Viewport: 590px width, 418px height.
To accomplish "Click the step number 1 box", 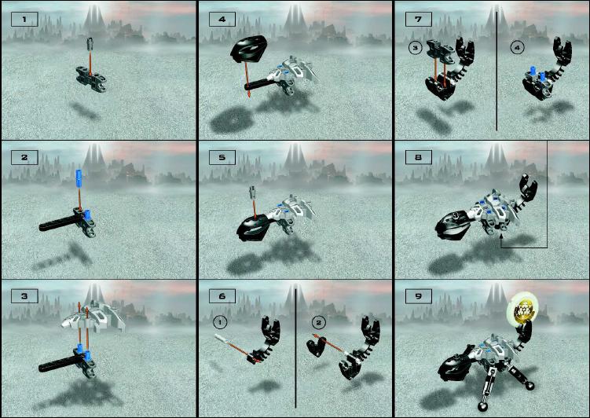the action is coord(24,19).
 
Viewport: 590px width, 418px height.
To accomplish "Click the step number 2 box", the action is coord(24,157).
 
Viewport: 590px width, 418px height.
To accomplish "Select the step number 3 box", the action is coord(24,296).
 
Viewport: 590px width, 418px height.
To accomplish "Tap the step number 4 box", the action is coord(222,19).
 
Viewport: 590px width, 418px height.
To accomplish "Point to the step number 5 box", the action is coord(222,157).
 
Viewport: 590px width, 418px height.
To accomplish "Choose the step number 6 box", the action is coord(222,296).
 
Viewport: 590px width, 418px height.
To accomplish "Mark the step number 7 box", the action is coord(419,19).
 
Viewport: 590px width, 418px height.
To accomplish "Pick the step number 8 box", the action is coord(419,157).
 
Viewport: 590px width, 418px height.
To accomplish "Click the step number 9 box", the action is coord(419,296).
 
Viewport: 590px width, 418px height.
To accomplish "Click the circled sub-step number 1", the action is coord(220,322).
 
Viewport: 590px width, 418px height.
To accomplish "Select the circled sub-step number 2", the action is coord(319,322).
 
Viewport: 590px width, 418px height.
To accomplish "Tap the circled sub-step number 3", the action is coord(416,48).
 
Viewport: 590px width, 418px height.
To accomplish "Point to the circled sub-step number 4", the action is coord(518,48).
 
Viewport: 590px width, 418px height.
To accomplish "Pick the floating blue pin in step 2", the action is coord(79,177).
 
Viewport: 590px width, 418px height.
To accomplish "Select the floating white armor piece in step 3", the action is coord(93,316).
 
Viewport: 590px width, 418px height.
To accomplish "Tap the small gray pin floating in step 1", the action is coord(90,44).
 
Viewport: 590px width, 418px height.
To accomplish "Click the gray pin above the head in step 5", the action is coord(253,192).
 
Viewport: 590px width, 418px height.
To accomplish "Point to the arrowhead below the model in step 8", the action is coord(501,236).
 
